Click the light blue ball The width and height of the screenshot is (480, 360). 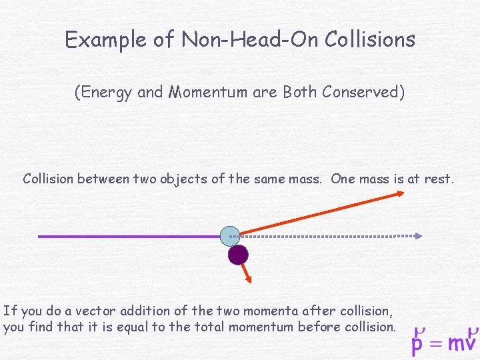click(x=230, y=235)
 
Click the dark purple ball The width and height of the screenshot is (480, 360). click(x=238, y=254)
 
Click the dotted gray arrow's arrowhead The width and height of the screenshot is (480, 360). click(x=418, y=235)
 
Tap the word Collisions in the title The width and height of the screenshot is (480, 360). click(x=370, y=40)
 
